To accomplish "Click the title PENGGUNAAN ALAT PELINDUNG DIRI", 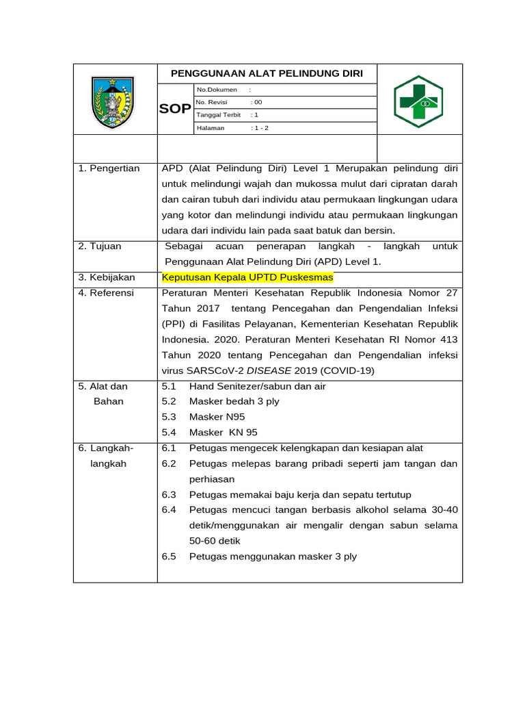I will tap(267, 74).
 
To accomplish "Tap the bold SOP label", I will tap(176, 109).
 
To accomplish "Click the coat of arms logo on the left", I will tap(113, 102).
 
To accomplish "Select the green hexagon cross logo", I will tap(418, 102).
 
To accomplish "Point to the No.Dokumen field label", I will tap(217, 90).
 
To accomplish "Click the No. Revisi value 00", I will tap(257, 102).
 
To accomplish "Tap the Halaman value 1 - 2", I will tap(260, 127).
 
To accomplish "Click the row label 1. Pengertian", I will tap(109, 168).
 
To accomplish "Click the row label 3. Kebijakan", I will tap(107, 277).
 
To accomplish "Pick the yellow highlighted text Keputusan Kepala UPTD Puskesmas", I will tap(247, 277).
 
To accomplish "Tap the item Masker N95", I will tap(217, 417).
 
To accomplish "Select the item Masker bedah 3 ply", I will tap(234, 401).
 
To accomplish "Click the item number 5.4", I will tap(169, 432).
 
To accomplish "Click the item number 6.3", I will tap(169, 494).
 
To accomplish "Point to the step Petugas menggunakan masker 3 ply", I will tap(273, 557).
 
